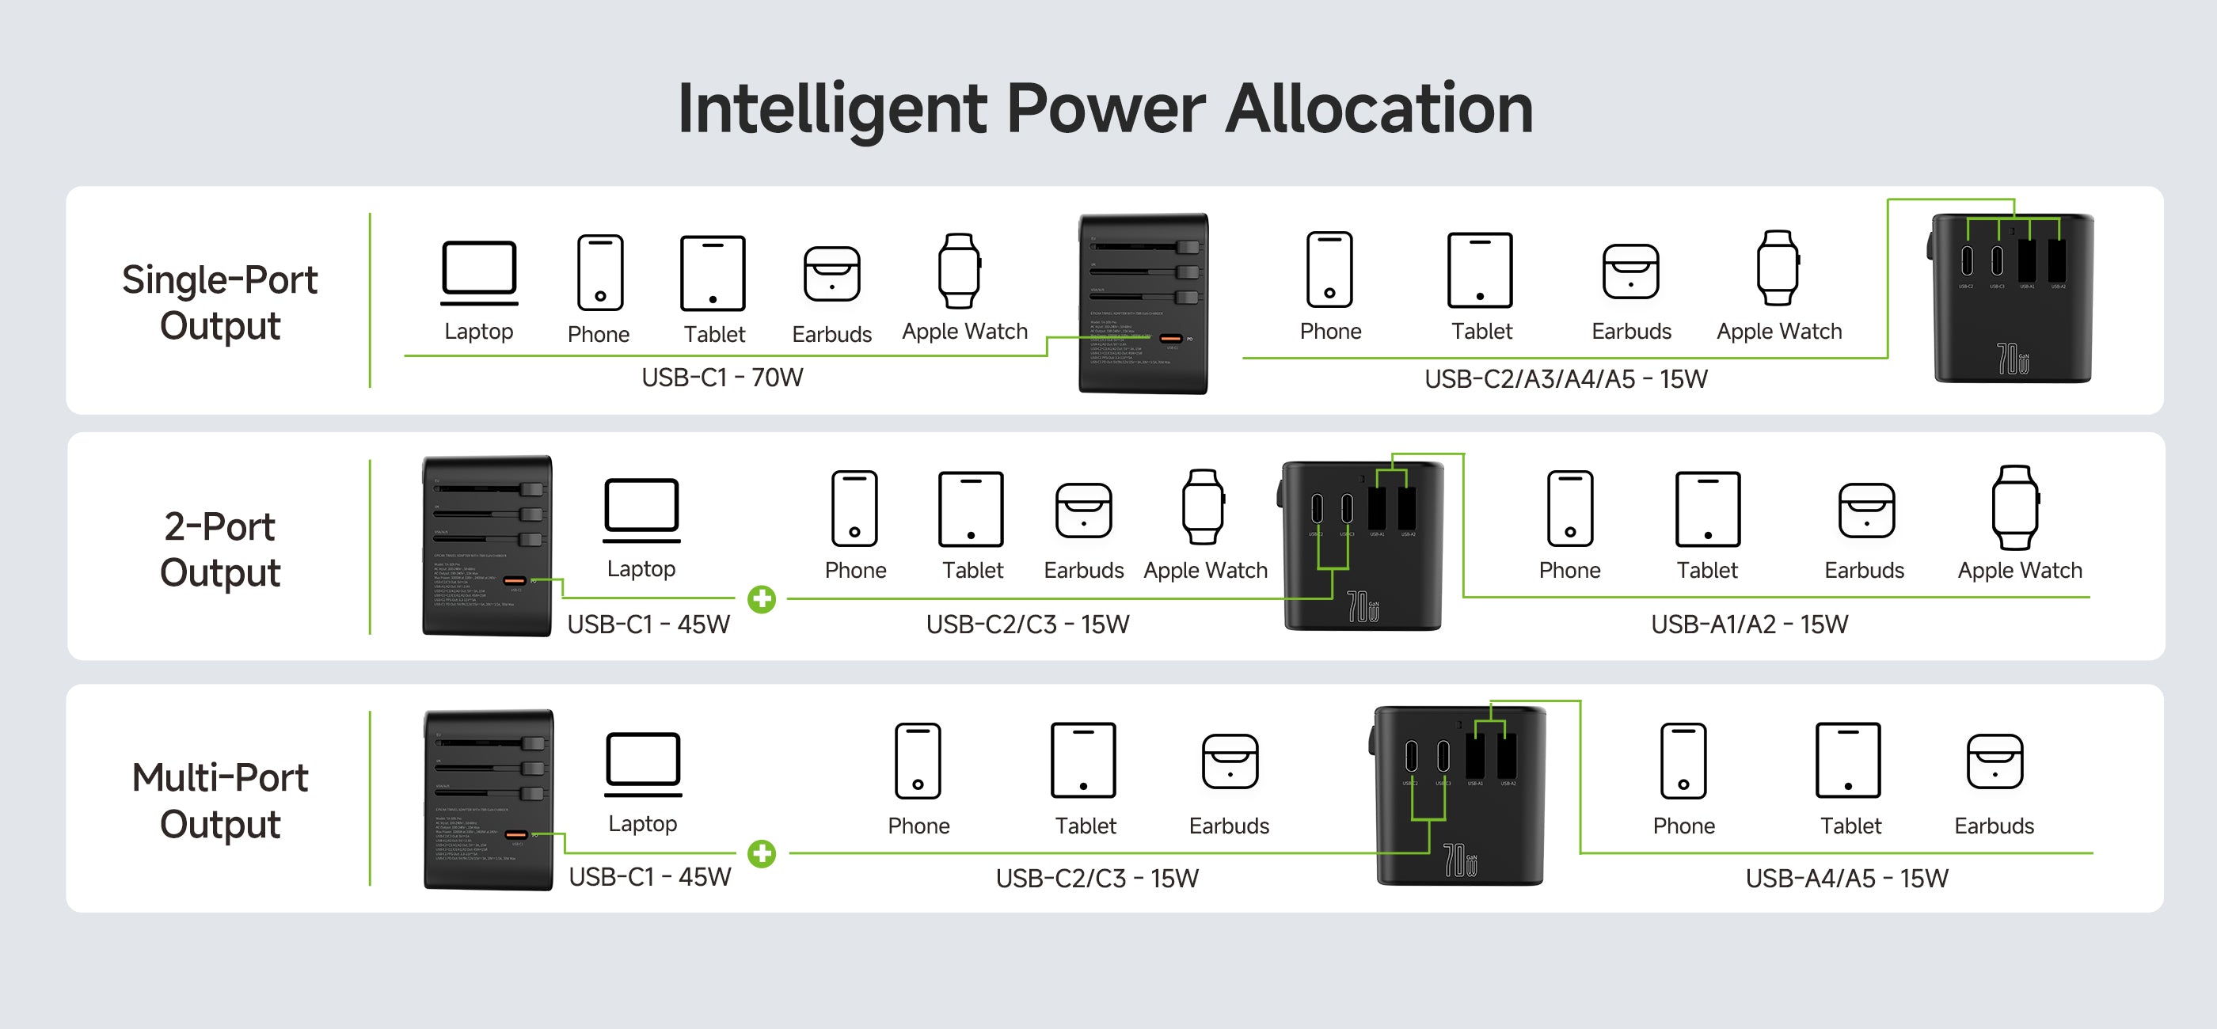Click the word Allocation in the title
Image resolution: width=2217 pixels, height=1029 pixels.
tap(1378, 109)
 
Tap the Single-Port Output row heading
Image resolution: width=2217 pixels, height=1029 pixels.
tap(219, 303)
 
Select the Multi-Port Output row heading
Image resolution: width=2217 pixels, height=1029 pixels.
tap(219, 800)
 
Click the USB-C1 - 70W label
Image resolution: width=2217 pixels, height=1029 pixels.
tap(722, 378)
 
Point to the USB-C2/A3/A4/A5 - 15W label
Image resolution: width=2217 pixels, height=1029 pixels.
tap(1565, 379)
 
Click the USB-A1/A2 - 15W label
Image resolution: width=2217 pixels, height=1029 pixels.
tap(1749, 625)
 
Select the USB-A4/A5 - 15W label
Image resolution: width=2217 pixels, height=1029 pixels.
tap(1846, 879)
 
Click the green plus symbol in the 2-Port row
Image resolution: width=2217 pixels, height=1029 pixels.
tap(762, 599)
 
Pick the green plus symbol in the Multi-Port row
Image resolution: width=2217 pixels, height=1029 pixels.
tap(762, 853)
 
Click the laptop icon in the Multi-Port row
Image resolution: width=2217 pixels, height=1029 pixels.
tap(644, 764)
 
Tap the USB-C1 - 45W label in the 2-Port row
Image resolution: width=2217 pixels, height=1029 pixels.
tap(648, 625)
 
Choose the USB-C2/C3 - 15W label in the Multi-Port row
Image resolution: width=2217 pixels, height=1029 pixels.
tap(1097, 879)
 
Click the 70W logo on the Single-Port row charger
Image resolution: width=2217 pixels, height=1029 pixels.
tap(2013, 359)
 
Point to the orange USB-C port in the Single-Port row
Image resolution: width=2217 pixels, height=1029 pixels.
tap(1170, 339)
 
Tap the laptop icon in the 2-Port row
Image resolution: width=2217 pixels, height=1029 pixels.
tap(642, 511)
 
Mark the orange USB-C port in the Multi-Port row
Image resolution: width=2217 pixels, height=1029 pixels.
tap(516, 834)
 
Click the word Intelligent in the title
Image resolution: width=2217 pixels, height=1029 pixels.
tap(832, 109)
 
